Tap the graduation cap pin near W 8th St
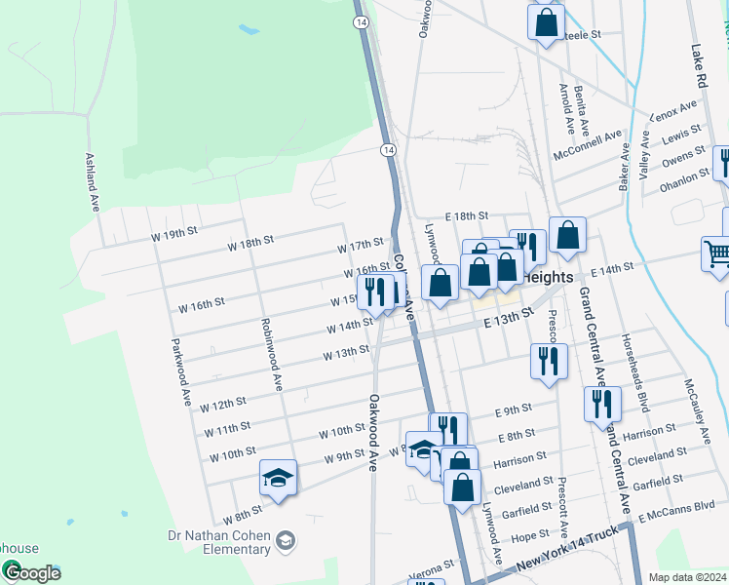279,478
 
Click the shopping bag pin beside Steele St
547,21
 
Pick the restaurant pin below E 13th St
549,361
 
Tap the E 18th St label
466,215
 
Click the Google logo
31,572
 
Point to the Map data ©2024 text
687,577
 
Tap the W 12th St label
223,403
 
